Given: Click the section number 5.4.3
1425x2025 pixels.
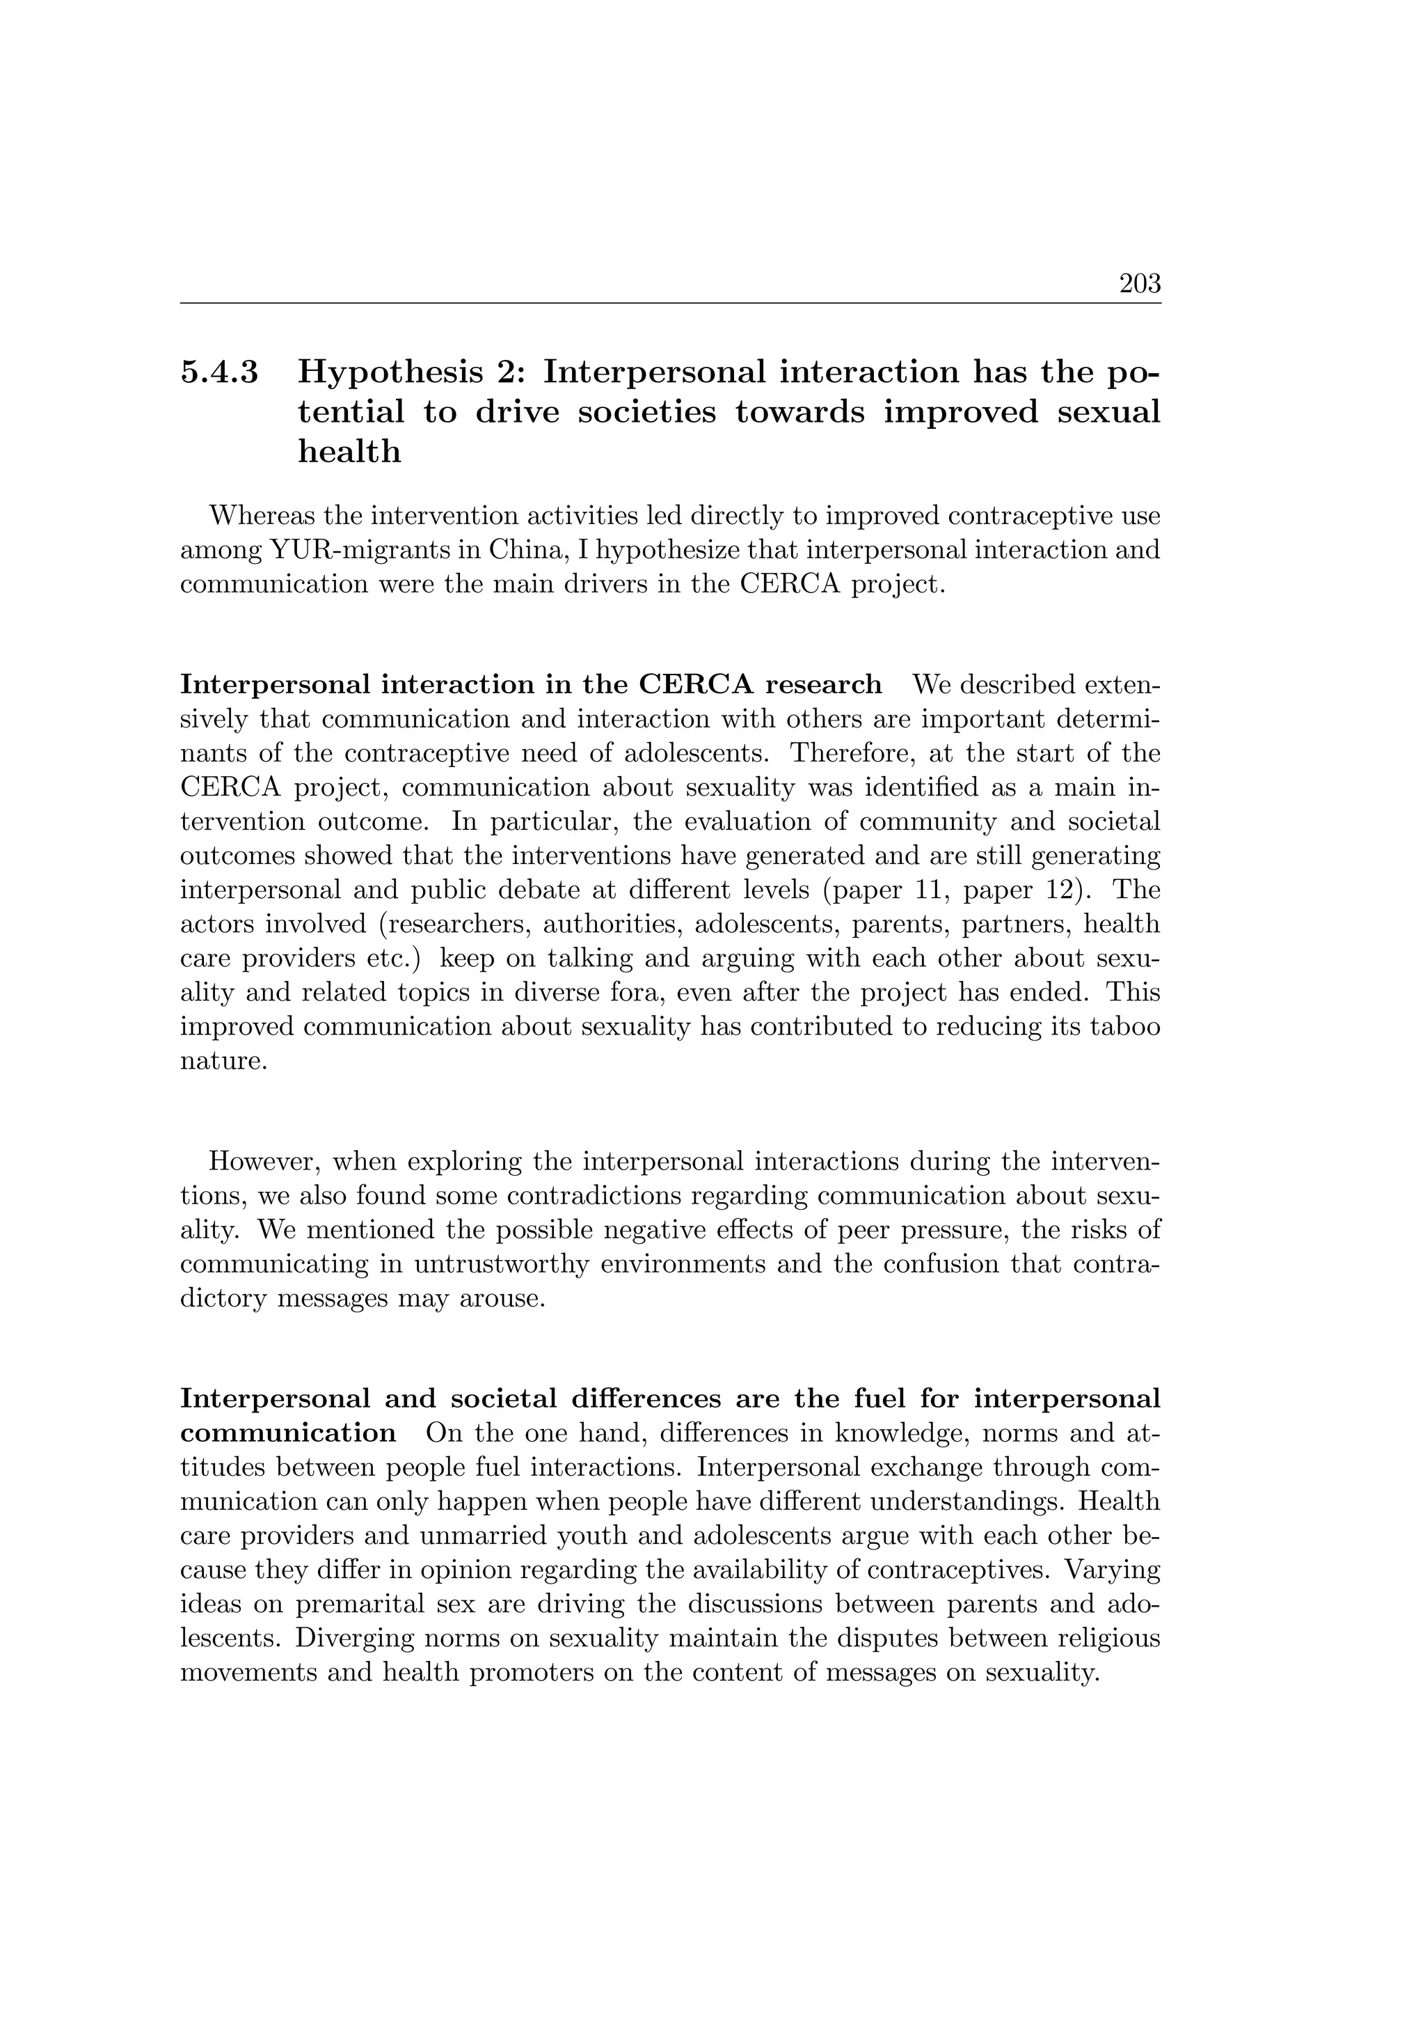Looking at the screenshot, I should click(x=220, y=372).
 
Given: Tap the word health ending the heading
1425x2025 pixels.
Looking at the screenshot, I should click(x=349, y=452).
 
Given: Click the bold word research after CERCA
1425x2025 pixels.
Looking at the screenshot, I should click(x=824, y=684).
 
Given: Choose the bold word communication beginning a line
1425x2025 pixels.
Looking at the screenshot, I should click(x=288, y=1433).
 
